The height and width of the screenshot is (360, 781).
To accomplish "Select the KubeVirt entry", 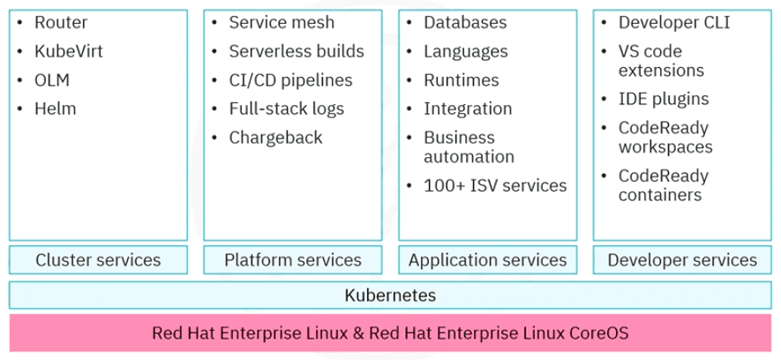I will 69,51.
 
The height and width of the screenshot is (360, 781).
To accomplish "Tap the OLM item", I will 52,80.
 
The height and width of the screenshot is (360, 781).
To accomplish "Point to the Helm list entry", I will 56,109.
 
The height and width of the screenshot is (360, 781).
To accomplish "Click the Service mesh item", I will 282,23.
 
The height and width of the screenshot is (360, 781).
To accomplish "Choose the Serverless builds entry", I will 296,51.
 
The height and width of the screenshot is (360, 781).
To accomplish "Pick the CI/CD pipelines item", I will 290,80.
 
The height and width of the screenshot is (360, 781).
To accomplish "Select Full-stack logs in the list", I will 287,109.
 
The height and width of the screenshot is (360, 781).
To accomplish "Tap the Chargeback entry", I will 275,138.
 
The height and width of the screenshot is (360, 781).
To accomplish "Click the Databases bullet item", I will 465,23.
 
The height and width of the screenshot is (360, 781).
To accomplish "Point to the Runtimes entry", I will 461,80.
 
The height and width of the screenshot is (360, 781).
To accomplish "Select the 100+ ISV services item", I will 495,186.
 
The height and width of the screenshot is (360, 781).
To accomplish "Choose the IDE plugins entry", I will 664,99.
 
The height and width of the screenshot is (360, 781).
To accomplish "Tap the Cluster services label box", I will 98,259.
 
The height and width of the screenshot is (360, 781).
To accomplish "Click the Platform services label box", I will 293,259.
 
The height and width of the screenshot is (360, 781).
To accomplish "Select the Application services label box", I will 487,259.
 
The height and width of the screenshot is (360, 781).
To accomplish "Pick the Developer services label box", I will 682,259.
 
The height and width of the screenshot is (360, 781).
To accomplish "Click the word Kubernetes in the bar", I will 390,295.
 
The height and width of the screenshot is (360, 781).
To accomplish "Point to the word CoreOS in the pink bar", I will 596,334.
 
